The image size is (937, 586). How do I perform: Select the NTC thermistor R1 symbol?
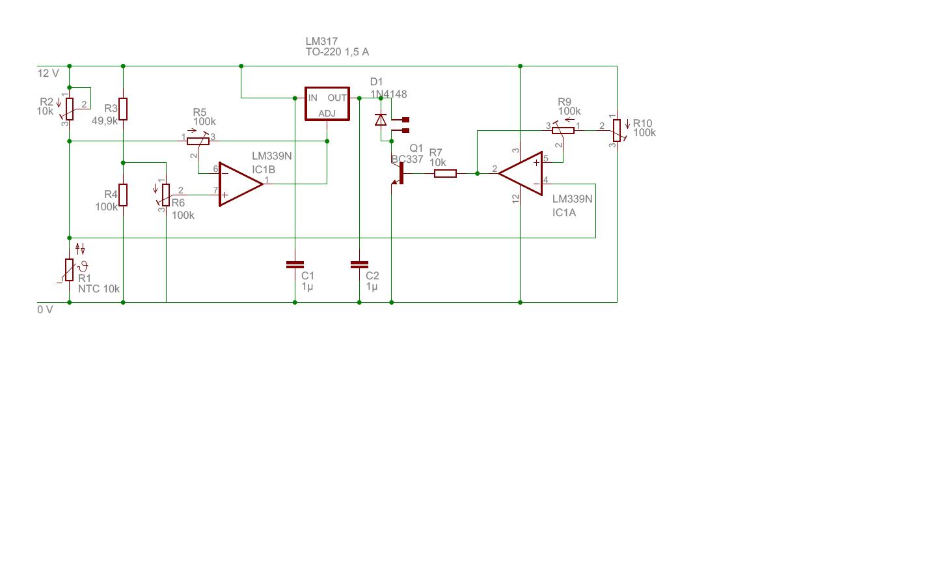70,270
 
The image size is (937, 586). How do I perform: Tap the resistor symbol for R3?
123,109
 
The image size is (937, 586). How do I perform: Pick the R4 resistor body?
123,195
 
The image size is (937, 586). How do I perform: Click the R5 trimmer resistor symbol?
198,141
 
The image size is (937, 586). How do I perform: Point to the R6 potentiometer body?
166,195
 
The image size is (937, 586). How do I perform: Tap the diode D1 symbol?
381,120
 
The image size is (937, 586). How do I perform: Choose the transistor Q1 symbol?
398,173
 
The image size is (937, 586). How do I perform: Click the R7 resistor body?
445,173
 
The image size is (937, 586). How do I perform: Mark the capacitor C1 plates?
295,264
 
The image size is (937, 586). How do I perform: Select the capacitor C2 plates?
359,264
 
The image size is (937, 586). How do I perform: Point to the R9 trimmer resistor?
563,131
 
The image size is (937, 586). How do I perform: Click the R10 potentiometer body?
617,131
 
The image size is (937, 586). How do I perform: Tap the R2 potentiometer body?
70,109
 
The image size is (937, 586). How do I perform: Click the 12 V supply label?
49,74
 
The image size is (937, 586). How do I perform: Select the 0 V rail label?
45,310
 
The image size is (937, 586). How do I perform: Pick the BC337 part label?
407,160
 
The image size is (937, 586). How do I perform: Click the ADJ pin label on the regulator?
327,113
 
